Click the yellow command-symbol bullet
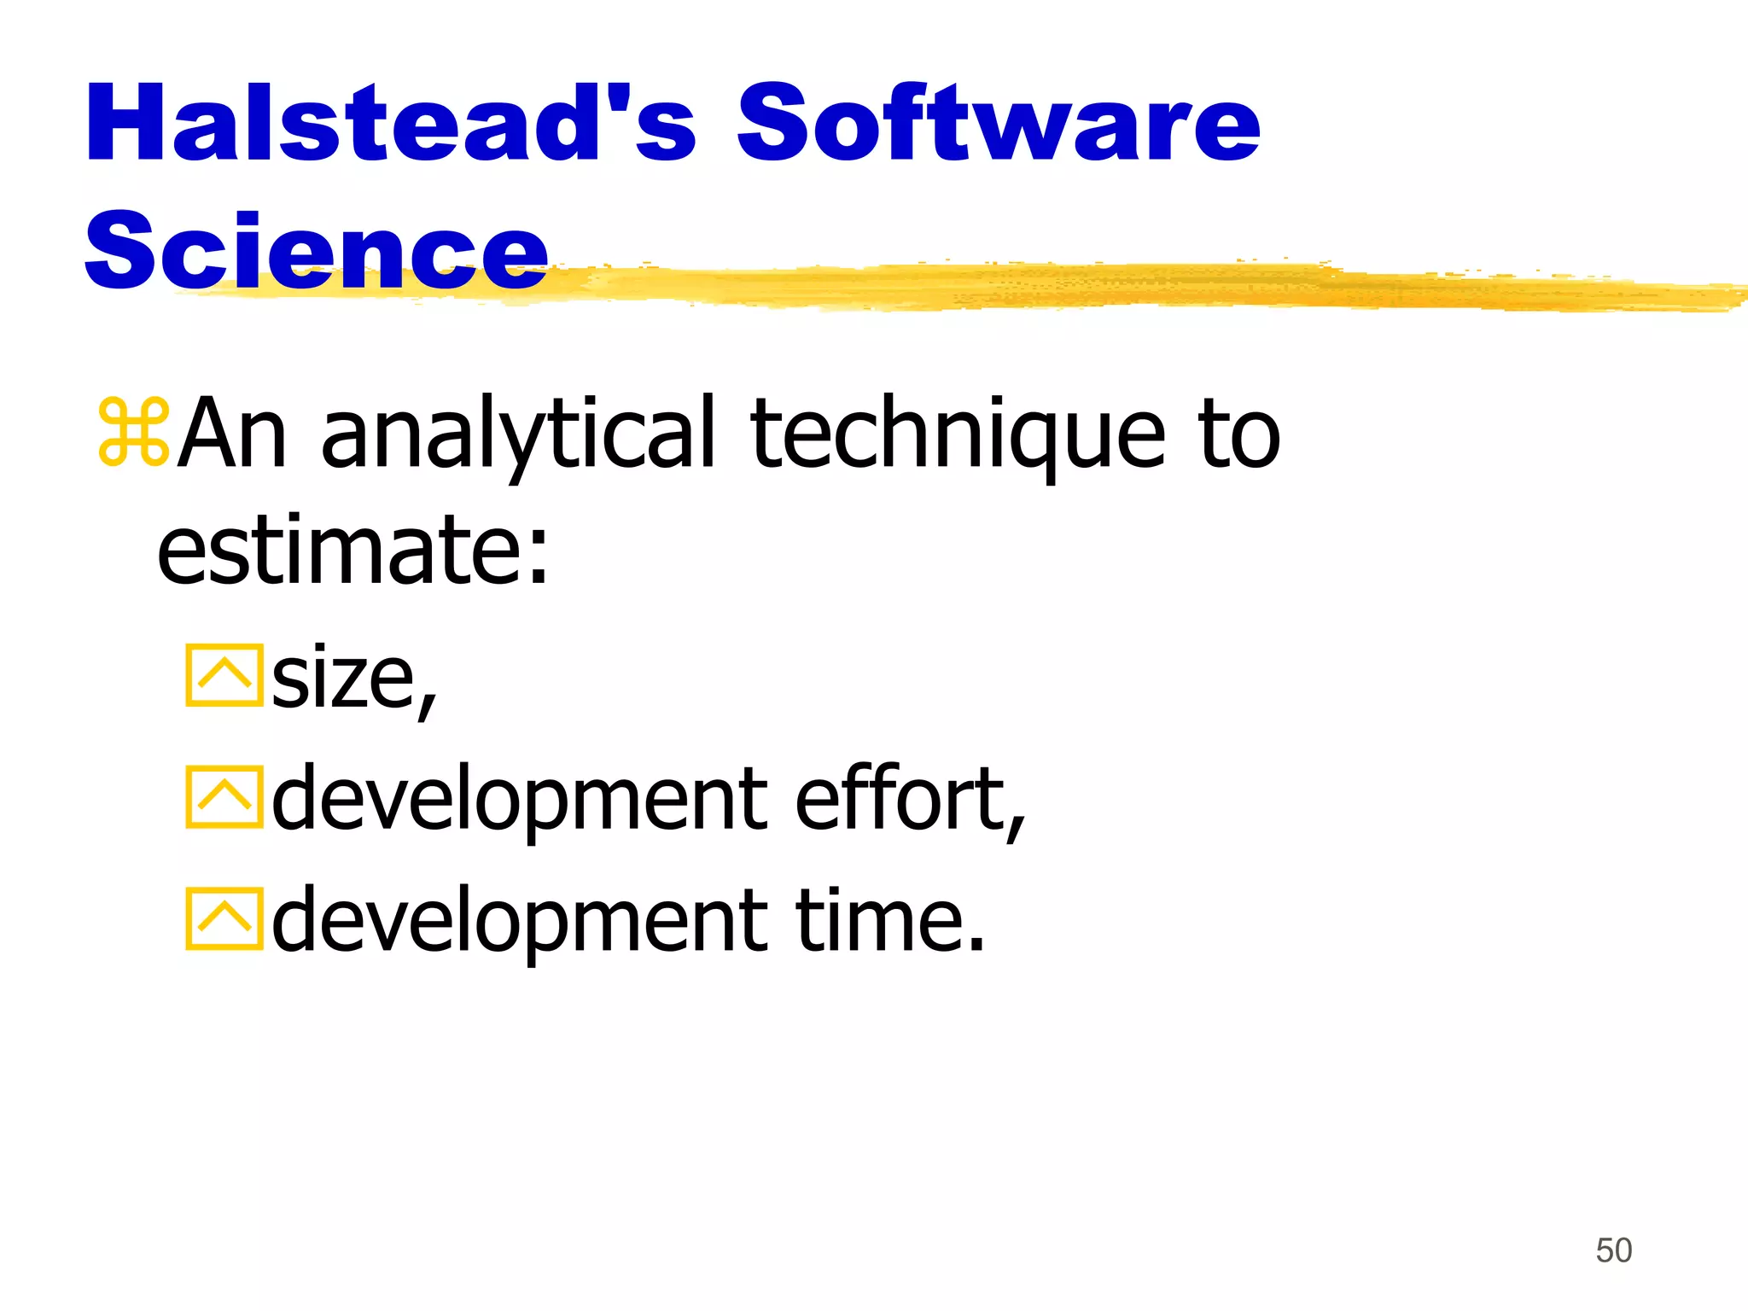134,432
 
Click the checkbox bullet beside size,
224,676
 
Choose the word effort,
910,799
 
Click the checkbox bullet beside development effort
224,798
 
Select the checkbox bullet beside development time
224,919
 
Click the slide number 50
1613,1250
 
